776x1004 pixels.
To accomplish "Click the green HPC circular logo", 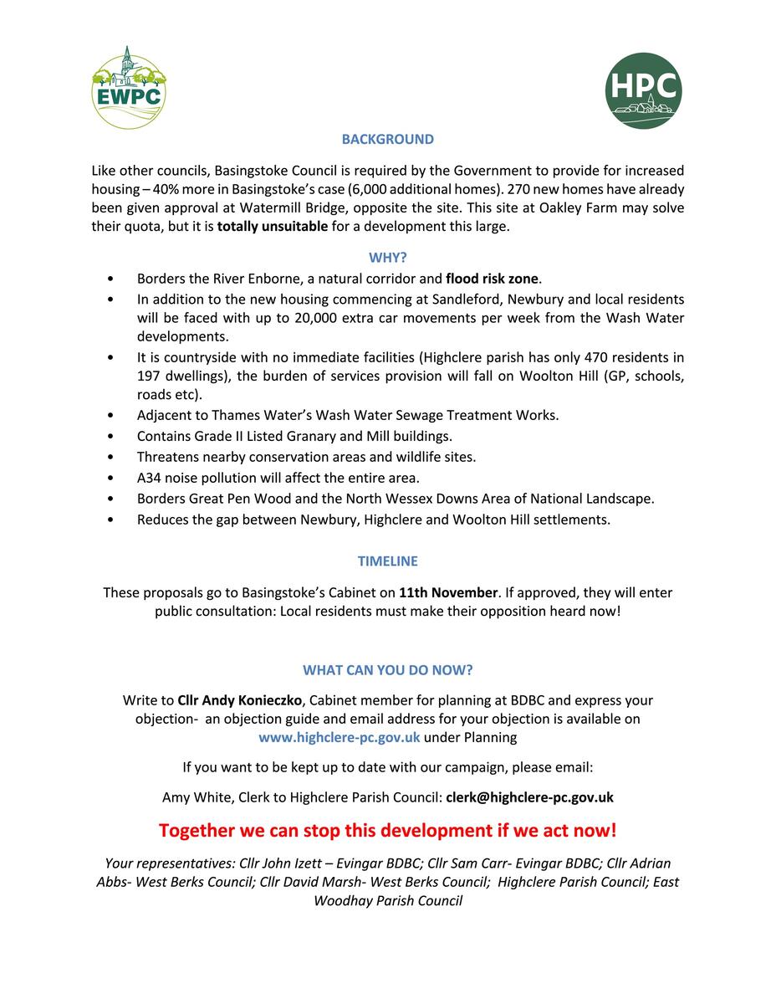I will point(643,90).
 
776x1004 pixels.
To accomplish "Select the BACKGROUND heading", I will point(387,140).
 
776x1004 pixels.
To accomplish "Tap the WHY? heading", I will point(387,259).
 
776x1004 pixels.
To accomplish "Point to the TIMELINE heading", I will point(387,561).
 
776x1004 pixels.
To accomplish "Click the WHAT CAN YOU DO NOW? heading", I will point(387,670).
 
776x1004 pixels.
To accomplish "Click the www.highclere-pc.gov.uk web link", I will point(339,737).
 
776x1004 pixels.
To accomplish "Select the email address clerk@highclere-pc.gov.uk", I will point(529,797).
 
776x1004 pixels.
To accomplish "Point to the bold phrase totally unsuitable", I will point(272,227).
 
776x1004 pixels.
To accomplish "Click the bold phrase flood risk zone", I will point(493,279).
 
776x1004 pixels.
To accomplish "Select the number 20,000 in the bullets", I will point(288,319).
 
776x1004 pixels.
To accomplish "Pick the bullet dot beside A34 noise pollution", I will point(111,479).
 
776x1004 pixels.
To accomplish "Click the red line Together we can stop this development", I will point(387,831).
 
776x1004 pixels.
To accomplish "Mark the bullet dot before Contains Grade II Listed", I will point(111,437).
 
